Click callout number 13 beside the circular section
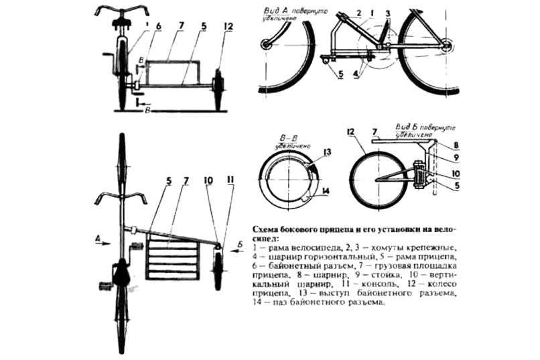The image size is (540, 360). tap(326, 153)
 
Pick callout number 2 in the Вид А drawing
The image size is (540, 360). tap(377, 13)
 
